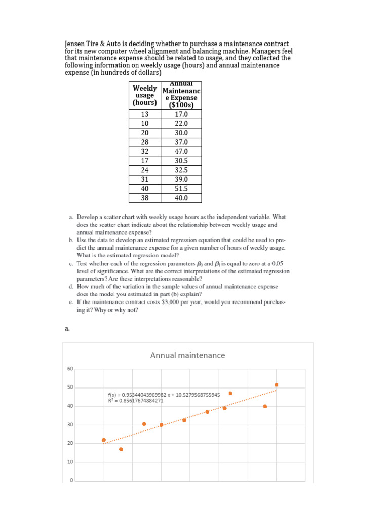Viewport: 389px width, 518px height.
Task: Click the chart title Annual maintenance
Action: pos(187,355)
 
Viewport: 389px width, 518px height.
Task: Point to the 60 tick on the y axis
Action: pos(70,369)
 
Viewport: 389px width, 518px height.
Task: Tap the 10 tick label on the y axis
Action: pos(70,462)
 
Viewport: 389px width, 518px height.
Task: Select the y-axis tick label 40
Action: pos(70,406)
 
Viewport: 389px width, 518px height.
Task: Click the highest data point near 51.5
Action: pos(277,385)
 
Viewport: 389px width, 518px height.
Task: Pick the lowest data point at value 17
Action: pos(121,449)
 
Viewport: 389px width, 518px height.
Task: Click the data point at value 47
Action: pos(230,393)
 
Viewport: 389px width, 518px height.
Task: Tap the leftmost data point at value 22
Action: pos(104,440)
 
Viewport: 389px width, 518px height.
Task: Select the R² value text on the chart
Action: pos(136,401)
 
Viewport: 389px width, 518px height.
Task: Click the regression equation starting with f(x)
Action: pos(164,395)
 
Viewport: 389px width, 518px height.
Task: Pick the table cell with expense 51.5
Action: pos(181,188)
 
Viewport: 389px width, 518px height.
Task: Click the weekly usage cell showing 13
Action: pos(145,114)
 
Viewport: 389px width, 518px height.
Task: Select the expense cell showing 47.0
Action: pos(181,151)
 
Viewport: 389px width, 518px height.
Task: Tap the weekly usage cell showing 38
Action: pos(145,198)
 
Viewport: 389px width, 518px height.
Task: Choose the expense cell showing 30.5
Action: pos(181,160)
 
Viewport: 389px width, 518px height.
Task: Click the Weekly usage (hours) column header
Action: pos(144,95)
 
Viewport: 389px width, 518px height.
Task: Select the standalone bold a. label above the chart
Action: pos(67,328)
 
